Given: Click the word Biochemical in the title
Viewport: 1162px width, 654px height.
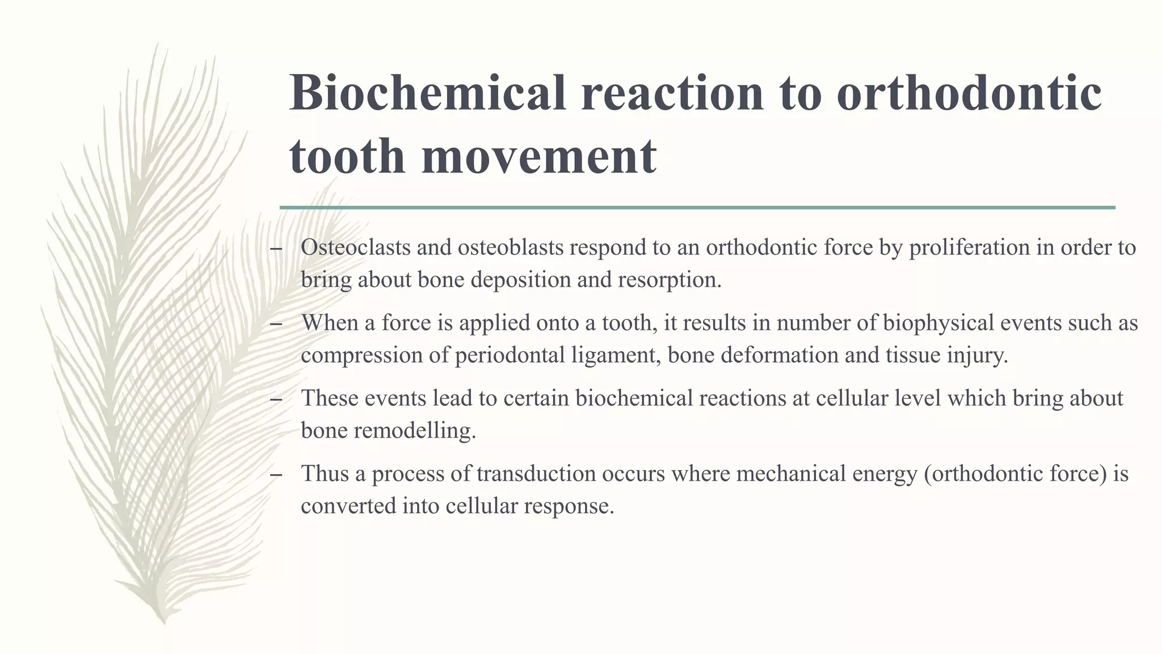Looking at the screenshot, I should tap(428, 93).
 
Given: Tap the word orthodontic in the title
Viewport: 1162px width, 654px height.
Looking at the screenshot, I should tap(969, 93).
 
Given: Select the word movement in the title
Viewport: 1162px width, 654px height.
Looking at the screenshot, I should tap(539, 156).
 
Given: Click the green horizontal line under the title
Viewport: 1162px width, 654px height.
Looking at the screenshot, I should tap(697, 208).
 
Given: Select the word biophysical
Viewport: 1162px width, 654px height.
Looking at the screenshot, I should tap(943, 323).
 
